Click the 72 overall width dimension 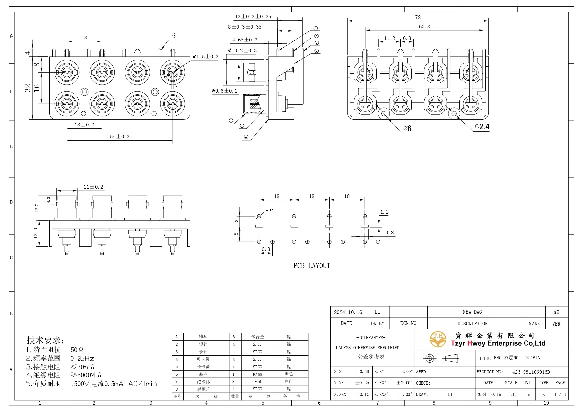tap(418, 17)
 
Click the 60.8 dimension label tap(424, 27)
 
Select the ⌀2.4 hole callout tap(482, 127)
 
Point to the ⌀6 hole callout tap(407, 128)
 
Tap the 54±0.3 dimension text tap(120, 137)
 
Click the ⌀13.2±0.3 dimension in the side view tap(242, 51)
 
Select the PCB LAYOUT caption tap(312, 266)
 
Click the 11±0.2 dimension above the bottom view tap(93, 187)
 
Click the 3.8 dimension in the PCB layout tap(389, 233)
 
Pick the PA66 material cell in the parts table tap(257, 374)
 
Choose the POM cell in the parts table tap(257, 382)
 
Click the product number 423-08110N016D tap(531, 372)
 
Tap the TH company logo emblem tap(438, 339)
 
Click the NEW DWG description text tap(472, 312)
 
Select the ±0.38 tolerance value tap(362, 372)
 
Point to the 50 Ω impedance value tap(77, 350)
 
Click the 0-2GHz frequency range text tap(82, 359)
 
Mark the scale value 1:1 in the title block tap(511, 395)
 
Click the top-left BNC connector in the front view tap(67, 72)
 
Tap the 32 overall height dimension tap(28, 88)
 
